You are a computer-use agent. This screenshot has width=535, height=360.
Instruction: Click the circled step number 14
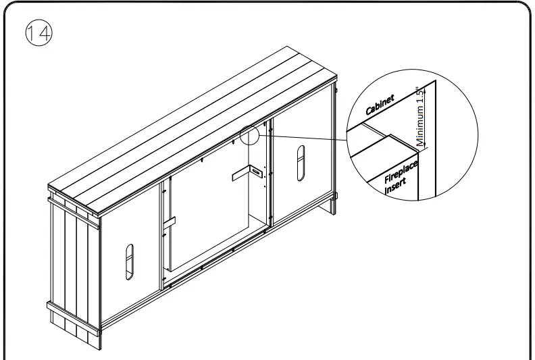39,34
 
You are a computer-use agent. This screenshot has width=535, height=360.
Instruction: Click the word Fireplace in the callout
401,170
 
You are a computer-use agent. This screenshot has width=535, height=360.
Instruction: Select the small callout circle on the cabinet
249,134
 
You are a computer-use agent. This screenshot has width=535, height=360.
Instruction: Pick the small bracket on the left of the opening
168,222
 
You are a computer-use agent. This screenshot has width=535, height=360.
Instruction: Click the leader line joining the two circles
304,138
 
